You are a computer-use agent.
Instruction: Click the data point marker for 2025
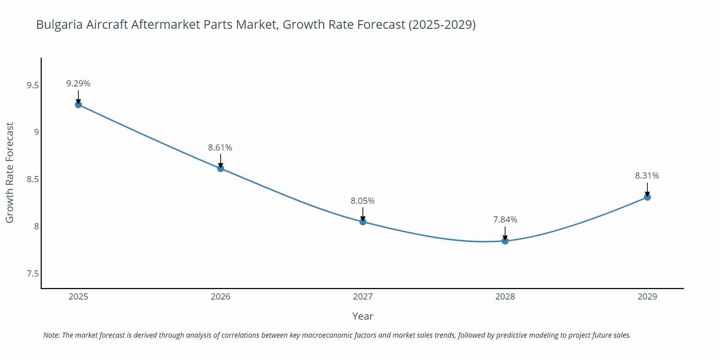(x=78, y=105)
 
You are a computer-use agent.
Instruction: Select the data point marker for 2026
(x=221, y=168)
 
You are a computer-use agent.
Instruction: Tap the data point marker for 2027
(x=363, y=222)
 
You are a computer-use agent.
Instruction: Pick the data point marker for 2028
(x=505, y=241)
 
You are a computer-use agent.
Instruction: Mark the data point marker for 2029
(x=647, y=197)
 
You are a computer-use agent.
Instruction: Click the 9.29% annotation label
(x=78, y=84)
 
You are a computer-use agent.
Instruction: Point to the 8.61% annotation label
(x=220, y=148)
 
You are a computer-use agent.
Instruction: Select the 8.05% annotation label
(x=363, y=201)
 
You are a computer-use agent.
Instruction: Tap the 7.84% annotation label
(x=505, y=220)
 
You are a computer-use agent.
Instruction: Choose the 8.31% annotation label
(x=647, y=176)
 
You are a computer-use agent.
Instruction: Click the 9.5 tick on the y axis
(x=32, y=85)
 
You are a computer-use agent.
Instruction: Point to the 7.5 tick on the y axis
(x=32, y=274)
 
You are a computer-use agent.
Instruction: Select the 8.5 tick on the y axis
(x=32, y=179)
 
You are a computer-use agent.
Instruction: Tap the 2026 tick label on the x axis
(x=220, y=297)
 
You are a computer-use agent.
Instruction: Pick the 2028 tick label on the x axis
(x=505, y=297)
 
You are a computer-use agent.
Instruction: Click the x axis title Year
(x=363, y=316)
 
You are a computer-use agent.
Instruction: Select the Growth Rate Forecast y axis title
(x=10, y=172)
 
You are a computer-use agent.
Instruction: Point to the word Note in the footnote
(x=51, y=335)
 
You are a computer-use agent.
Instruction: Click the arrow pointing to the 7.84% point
(x=505, y=233)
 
